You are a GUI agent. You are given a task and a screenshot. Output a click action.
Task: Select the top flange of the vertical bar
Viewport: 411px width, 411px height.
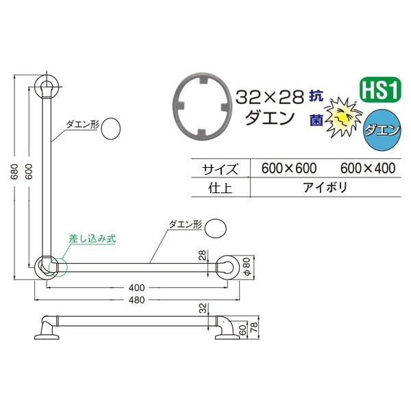[47, 88]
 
